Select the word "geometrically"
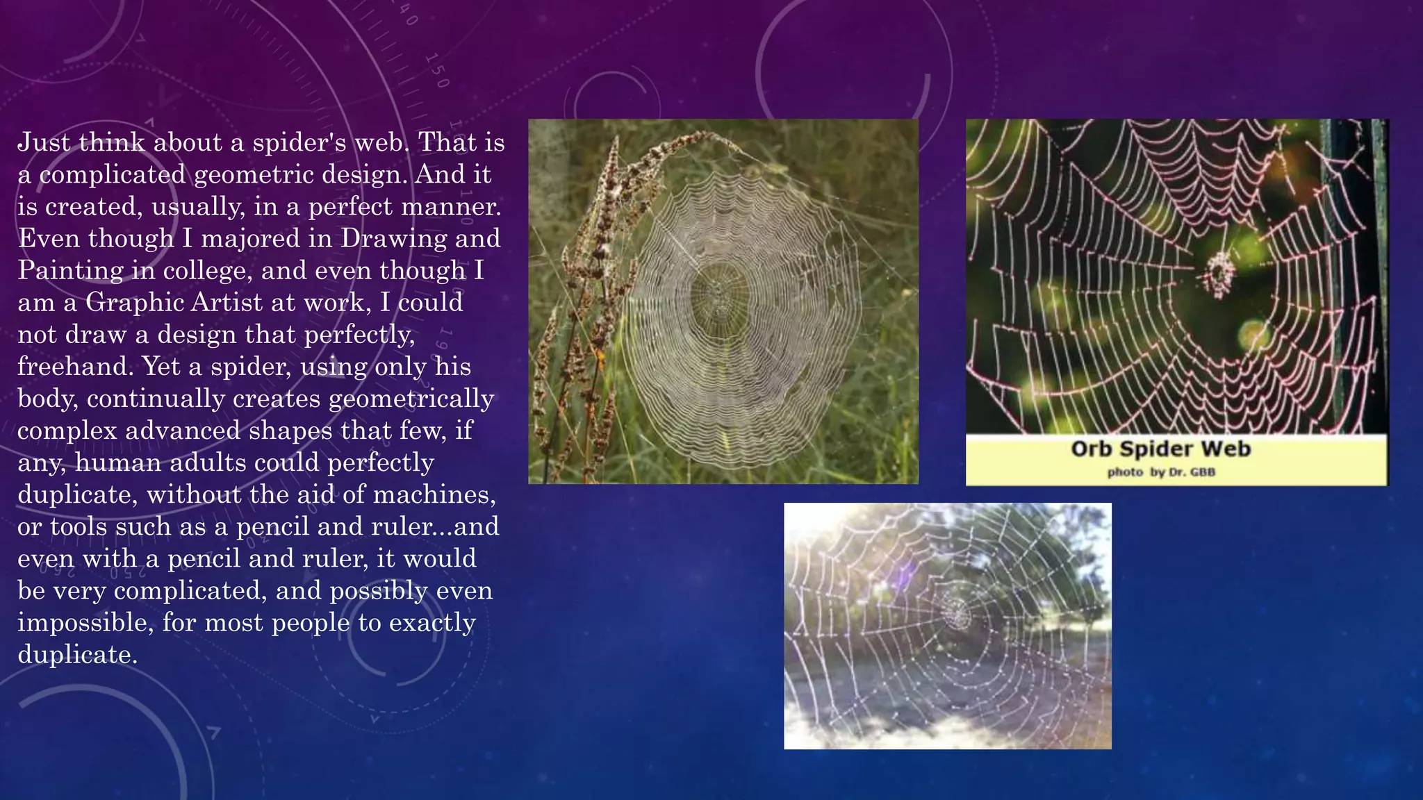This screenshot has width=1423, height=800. pyautogui.click(x=411, y=399)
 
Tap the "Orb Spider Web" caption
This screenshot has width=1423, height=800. pyautogui.click(x=1160, y=449)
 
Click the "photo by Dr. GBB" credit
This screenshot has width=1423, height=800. pyautogui.click(x=1160, y=473)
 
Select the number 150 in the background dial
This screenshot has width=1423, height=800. pyautogui.click(x=437, y=70)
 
